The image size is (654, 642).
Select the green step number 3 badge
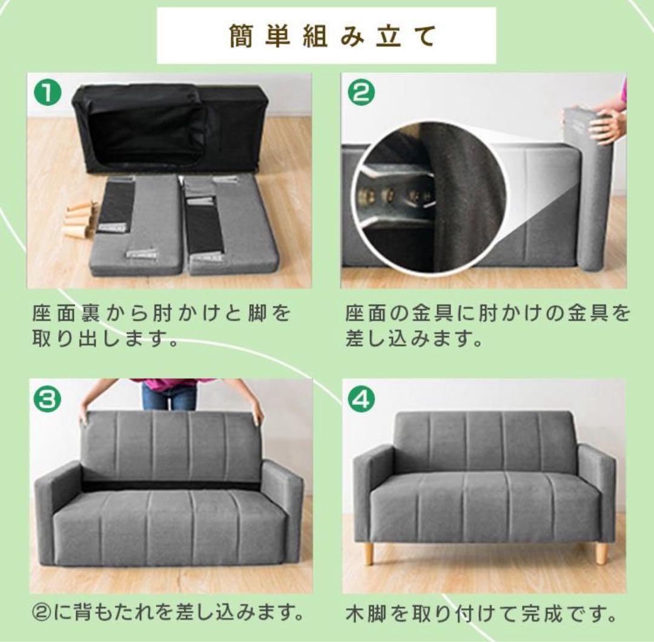(47, 399)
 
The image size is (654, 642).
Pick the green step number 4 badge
(362, 399)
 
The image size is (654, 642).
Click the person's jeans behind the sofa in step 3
(169, 397)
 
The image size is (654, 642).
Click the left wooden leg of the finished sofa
(368, 552)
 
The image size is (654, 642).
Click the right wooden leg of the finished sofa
(601, 552)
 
